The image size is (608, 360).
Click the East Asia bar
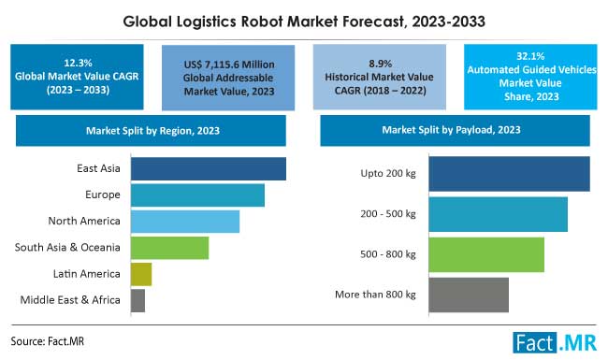[208, 168]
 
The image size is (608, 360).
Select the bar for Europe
[197, 194]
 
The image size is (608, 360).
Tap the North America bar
[185, 221]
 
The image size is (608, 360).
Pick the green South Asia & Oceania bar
[169, 247]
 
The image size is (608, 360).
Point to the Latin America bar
[141, 274]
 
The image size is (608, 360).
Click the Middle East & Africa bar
[138, 300]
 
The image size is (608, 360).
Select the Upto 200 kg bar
[509, 173]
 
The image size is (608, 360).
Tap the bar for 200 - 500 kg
[498, 214]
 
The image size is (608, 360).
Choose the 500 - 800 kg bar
[485, 254]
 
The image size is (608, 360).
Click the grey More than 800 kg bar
[468, 295]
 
